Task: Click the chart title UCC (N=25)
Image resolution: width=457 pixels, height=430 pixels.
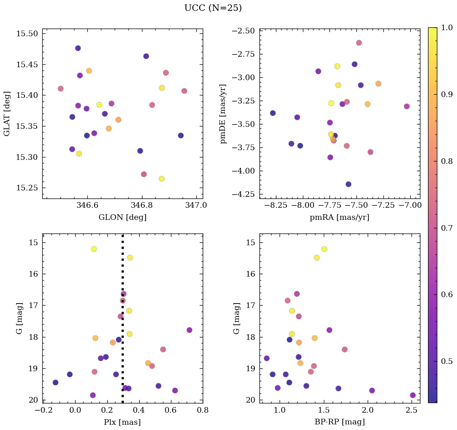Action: point(213,8)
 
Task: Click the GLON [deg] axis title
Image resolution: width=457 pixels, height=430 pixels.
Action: point(122,217)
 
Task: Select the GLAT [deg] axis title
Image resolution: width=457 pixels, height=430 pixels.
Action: point(7,113)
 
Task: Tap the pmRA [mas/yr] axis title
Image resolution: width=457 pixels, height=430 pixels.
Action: point(339,217)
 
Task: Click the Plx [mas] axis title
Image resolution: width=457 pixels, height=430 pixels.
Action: point(122,422)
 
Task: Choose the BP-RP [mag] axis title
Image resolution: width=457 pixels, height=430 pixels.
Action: point(339,422)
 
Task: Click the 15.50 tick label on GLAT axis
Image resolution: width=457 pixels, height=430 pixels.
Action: point(27,33)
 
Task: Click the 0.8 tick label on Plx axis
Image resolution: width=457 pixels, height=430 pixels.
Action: point(203,410)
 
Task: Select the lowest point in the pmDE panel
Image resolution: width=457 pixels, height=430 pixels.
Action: point(348,184)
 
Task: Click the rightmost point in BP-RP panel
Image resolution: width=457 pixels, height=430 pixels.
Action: point(413,395)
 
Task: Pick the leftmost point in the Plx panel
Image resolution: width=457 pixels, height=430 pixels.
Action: point(56,382)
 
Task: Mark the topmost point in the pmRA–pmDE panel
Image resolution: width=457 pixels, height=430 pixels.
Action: point(359,43)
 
